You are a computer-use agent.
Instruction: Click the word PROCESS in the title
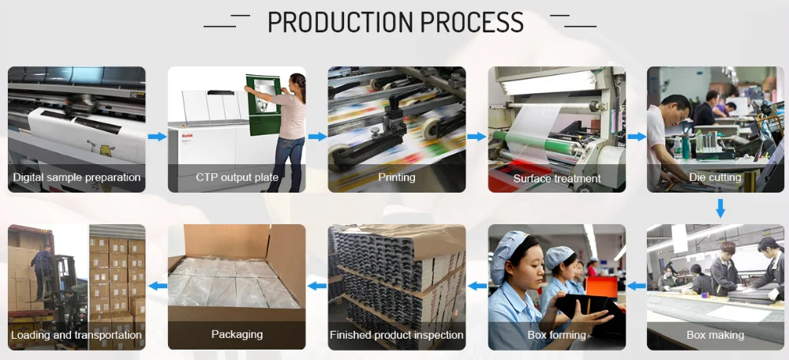point(471,22)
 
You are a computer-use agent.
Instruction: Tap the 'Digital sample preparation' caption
point(77,178)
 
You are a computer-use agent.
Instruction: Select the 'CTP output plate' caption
point(237,178)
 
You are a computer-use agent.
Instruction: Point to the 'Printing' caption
point(397,178)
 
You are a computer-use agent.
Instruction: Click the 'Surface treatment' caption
point(557,178)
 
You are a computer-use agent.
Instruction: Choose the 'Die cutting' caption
point(715,178)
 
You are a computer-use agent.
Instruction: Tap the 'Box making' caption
point(715,336)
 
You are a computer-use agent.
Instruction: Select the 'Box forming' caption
point(557,336)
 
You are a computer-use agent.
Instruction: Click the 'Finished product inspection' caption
point(397,336)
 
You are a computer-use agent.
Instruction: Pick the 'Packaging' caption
point(237,335)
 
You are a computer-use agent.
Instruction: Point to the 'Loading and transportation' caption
point(77,336)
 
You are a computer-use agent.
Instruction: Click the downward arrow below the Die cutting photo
point(720,208)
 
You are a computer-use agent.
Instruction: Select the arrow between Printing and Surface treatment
point(477,137)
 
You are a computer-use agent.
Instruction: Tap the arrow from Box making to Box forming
point(636,285)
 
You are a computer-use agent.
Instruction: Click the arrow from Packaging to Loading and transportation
point(157,285)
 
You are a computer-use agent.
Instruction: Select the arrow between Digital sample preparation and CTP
point(157,137)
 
